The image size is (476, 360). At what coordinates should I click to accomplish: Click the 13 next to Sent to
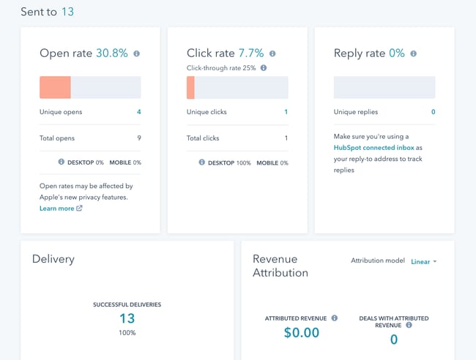[67, 12]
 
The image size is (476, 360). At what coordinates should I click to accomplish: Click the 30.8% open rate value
[111, 53]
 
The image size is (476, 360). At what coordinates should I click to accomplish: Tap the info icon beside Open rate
[137, 53]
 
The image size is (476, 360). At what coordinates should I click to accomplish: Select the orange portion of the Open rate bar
[55, 88]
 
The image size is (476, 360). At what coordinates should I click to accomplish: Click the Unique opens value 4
[138, 112]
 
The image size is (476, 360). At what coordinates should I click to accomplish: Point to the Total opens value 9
[138, 138]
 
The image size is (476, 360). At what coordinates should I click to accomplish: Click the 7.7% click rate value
[251, 53]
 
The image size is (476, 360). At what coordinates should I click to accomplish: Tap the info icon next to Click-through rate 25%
[264, 68]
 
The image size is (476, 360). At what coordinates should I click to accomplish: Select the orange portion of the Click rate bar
[190, 88]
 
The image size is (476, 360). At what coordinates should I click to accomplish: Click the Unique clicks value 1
[286, 112]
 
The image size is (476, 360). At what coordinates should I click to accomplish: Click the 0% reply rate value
[396, 53]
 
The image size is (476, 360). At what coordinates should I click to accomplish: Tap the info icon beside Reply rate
[414, 53]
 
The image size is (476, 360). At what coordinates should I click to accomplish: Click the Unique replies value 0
[433, 112]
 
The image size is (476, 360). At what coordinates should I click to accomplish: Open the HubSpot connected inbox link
[373, 148]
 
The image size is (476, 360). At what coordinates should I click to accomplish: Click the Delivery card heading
[53, 259]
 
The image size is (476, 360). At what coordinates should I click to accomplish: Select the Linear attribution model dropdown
[423, 261]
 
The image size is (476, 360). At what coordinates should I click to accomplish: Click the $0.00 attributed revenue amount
[302, 333]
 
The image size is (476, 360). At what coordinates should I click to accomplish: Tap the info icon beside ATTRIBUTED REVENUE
[335, 318]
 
